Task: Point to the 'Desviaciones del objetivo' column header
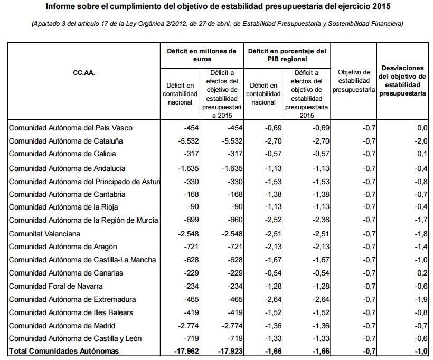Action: tap(402, 81)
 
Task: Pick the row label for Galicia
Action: tap(62, 154)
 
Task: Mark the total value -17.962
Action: tap(184, 351)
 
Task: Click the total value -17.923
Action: tap(229, 351)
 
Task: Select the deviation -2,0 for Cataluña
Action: tap(420, 141)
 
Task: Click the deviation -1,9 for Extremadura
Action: tap(420, 299)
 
